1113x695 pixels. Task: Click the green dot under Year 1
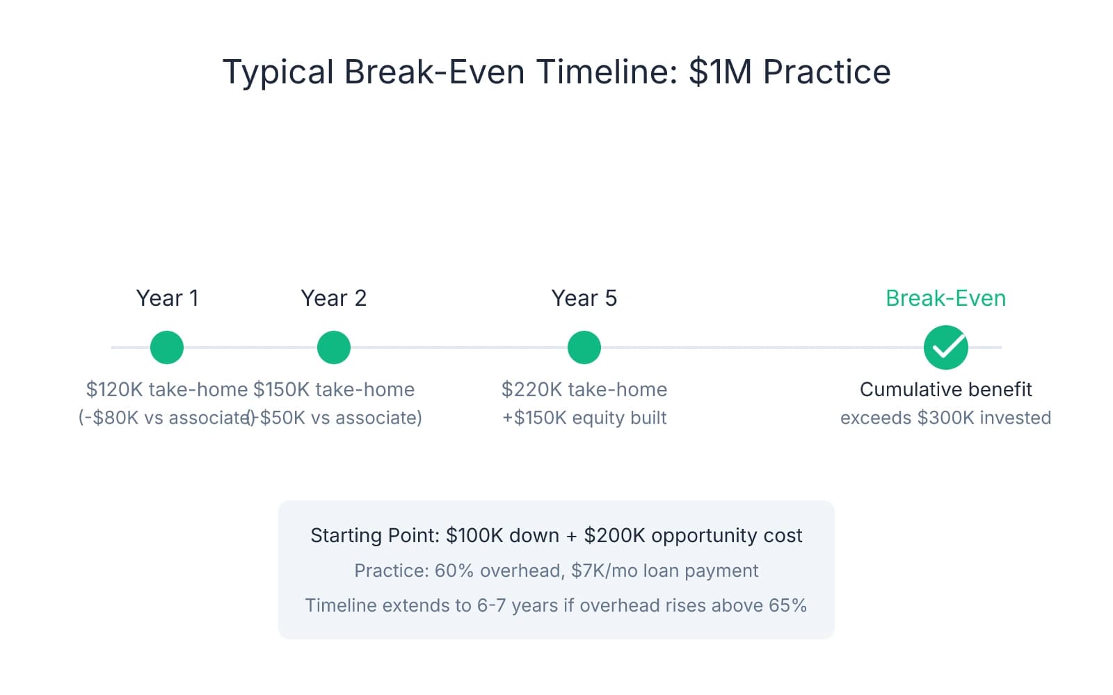(167, 347)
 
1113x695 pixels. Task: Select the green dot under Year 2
(334, 347)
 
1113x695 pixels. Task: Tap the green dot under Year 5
(584, 347)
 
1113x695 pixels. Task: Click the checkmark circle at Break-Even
(946, 347)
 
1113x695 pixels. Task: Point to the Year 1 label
(167, 298)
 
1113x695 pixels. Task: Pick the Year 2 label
(334, 298)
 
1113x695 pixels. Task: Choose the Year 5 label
(584, 298)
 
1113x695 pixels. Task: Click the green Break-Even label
(946, 298)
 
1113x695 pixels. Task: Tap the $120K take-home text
(166, 389)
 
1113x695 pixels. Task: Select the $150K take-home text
(334, 389)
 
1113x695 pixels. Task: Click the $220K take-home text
(584, 389)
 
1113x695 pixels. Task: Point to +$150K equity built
(584, 418)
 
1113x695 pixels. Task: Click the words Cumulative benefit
(946, 389)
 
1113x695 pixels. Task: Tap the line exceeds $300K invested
(946, 418)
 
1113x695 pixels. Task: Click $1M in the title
(721, 72)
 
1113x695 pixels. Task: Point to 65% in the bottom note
(787, 605)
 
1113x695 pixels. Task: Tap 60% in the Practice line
(454, 571)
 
